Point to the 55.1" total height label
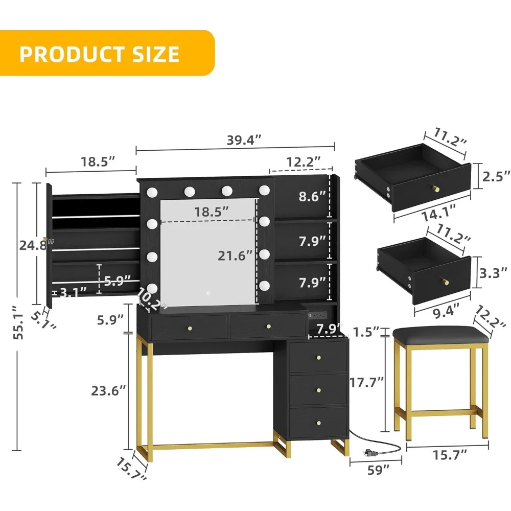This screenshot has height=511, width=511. tap(18, 327)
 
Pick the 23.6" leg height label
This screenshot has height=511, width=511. tap(107, 391)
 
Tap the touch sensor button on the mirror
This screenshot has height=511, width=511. tap(208, 293)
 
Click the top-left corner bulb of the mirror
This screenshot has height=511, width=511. tap(152, 192)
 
